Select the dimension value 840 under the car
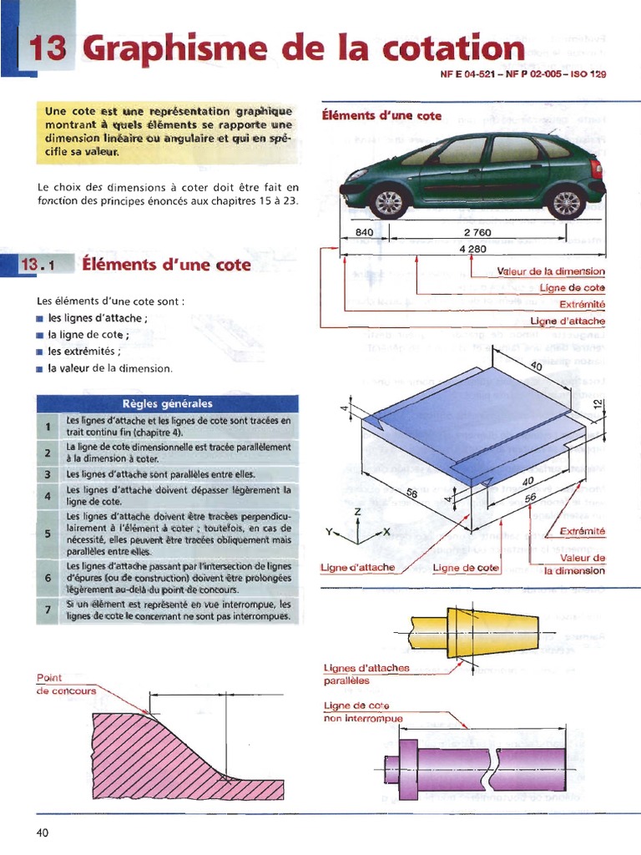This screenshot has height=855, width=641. click(365, 232)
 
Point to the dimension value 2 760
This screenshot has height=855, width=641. click(477, 232)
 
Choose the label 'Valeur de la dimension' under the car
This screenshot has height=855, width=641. click(550, 271)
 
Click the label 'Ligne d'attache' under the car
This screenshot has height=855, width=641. click(568, 321)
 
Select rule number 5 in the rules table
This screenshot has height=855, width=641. click(48, 533)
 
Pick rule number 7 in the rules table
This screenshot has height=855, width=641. click(48, 610)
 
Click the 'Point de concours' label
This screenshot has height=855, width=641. click(66, 684)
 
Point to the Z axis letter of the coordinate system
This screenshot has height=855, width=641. click(357, 511)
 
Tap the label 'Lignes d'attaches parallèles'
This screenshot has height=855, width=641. click(366, 674)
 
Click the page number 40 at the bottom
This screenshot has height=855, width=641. click(43, 832)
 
